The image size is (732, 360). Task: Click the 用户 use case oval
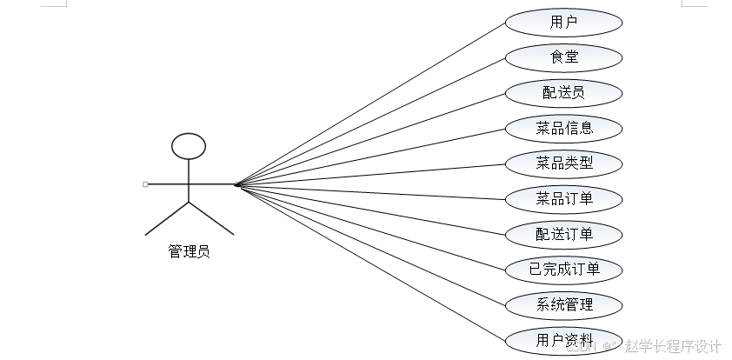[x=564, y=22]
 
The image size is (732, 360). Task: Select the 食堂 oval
[x=564, y=57]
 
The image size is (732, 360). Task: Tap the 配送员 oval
[x=564, y=93]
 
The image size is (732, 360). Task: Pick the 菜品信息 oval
[x=564, y=129]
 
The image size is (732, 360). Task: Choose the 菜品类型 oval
[x=564, y=163]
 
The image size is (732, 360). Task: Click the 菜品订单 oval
[x=564, y=199]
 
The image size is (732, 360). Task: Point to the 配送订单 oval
[x=564, y=235]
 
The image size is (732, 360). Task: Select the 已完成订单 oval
[x=564, y=270]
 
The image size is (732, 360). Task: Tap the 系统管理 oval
[x=564, y=305]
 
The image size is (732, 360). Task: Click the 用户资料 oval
[x=564, y=340]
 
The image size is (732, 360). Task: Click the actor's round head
[x=189, y=146]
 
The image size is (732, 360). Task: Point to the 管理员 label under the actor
[x=189, y=252]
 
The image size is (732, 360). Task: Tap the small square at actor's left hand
[x=145, y=184]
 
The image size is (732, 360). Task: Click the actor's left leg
[x=167, y=219]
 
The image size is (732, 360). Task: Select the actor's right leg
[x=211, y=219]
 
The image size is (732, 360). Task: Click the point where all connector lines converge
[x=236, y=184]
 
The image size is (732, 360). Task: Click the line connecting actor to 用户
[x=369, y=103]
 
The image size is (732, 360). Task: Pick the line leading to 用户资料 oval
[x=369, y=262]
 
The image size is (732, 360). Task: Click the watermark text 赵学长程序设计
[x=673, y=346]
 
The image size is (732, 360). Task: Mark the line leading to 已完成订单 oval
[x=369, y=227]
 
